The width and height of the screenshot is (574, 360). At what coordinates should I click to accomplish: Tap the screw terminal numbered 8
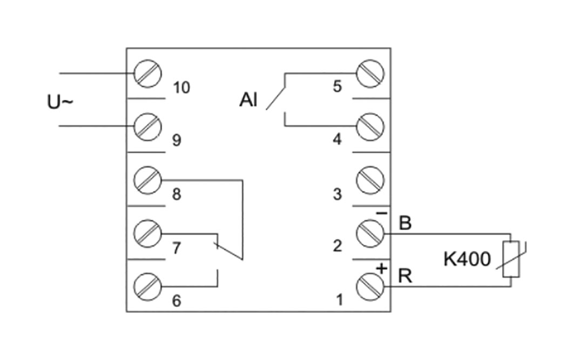tap(147, 179)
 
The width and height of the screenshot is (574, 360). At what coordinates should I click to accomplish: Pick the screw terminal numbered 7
tap(147, 233)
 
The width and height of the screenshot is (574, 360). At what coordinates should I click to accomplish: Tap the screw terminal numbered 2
tap(370, 233)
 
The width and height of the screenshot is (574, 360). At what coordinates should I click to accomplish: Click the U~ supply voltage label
tap(59, 102)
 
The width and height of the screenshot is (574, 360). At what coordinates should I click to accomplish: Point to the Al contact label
tap(249, 100)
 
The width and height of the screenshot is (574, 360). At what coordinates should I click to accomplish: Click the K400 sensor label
tap(467, 260)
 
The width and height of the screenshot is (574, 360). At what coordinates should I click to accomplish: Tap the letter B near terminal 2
tap(405, 223)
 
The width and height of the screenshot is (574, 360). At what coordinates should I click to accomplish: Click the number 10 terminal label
tap(182, 87)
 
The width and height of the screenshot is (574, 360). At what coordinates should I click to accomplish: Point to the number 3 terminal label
tap(337, 194)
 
